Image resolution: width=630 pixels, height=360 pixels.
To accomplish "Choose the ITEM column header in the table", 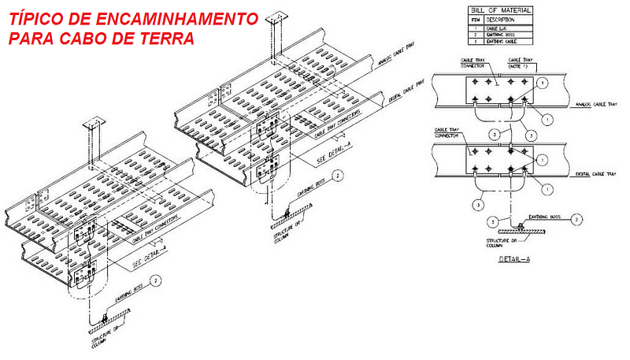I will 474,20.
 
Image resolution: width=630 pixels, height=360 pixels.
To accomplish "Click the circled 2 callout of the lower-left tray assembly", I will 156,280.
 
